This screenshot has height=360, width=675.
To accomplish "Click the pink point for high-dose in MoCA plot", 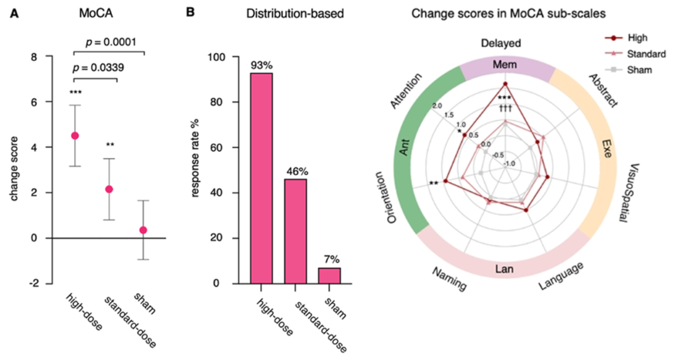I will click(x=75, y=136).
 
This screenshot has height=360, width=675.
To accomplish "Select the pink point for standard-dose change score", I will click(x=109, y=189).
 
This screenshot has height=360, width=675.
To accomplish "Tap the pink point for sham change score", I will click(x=143, y=230).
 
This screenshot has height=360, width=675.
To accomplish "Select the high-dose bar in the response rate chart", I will click(x=261, y=178).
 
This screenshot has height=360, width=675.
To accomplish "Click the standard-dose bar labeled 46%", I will click(x=296, y=231).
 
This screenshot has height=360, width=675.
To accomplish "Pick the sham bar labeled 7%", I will click(x=329, y=276).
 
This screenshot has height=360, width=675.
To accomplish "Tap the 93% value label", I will click(x=261, y=65).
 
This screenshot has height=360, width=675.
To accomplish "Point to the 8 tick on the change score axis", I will click(x=42, y=57).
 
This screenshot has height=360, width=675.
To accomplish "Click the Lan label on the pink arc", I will click(x=505, y=271).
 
